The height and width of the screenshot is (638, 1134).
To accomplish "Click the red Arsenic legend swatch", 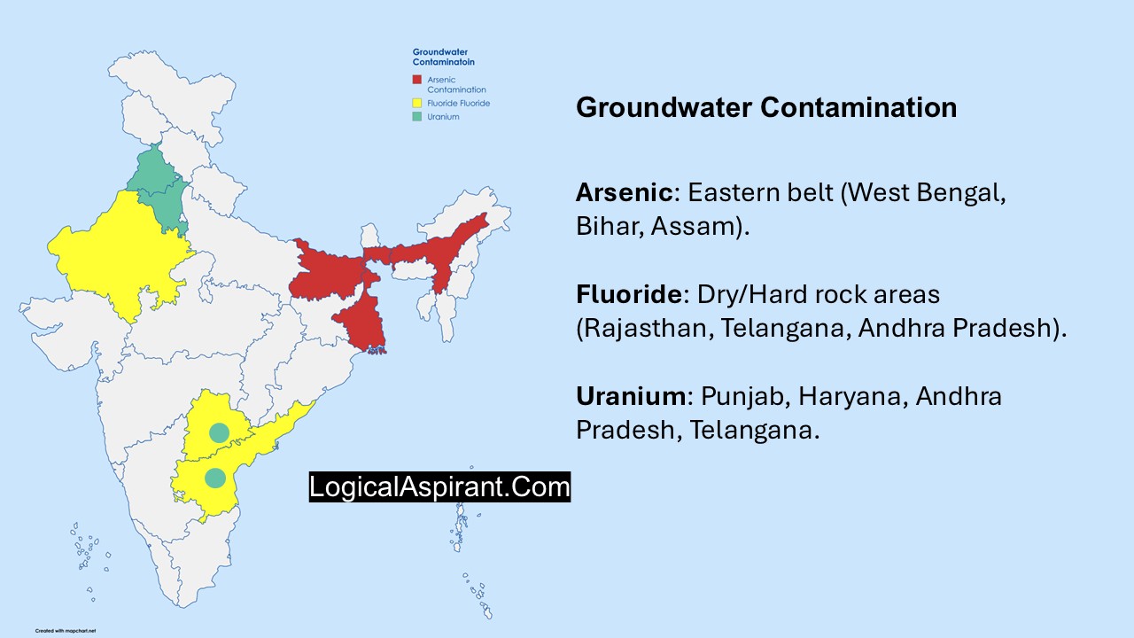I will pyautogui.click(x=416, y=80).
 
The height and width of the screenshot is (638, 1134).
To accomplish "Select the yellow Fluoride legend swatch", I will pyautogui.click(x=416, y=103).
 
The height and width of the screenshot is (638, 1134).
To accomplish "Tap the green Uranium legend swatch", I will pyautogui.click(x=416, y=117).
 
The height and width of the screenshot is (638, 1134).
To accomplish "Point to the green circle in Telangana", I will pyautogui.click(x=218, y=432).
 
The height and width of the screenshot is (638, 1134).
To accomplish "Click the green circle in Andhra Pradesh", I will pyautogui.click(x=214, y=478).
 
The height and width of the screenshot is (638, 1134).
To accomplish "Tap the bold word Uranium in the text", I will pyautogui.click(x=629, y=396).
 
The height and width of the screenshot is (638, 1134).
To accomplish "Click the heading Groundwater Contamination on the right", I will pyautogui.click(x=766, y=107).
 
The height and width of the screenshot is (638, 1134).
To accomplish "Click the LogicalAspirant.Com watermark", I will pyautogui.click(x=439, y=486).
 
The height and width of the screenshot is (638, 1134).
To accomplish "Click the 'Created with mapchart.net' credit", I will pyautogui.click(x=66, y=631).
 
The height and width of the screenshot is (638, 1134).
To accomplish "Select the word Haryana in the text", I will pyautogui.click(x=852, y=396).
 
